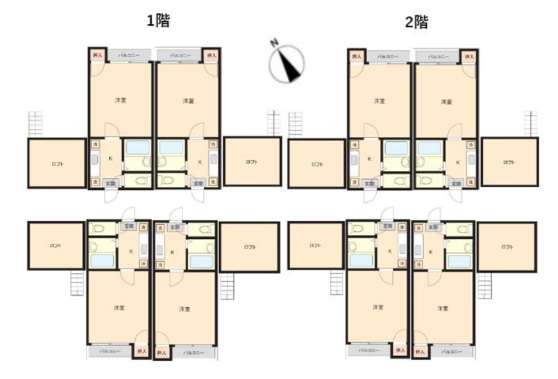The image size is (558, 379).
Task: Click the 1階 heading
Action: pyautogui.click(x=158, y=21)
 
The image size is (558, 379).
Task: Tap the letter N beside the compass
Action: pyautogui.click(x=273, y=43)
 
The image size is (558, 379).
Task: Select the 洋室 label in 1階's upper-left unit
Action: pyautogui.click(x=120, y=100)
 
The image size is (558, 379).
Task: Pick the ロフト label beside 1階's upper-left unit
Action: pyautogui.click(x=56, y=163)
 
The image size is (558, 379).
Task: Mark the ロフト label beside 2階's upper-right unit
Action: pyautogui.click(x=508, y=162)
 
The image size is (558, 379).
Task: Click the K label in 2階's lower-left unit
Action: pyautogui.click(x=390, y=251)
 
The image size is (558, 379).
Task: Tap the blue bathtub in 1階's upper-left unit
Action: pyautogui.click(x=138, y=148)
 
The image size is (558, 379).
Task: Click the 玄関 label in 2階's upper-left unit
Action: pyautogui.click(x=369, y=183)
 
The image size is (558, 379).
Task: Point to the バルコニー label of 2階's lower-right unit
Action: pyautogui.click(x=450, y=351)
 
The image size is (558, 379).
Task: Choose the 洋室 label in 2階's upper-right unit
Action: pyautogui.click(x=446, y=101)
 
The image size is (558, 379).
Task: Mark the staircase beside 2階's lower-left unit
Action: pyautogui.click(x=336, y=284)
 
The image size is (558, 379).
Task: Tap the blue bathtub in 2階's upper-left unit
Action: pyautogui.click(x=396, y=148)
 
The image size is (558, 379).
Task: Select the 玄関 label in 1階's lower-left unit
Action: pyautogui.click(x=127, y=226)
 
